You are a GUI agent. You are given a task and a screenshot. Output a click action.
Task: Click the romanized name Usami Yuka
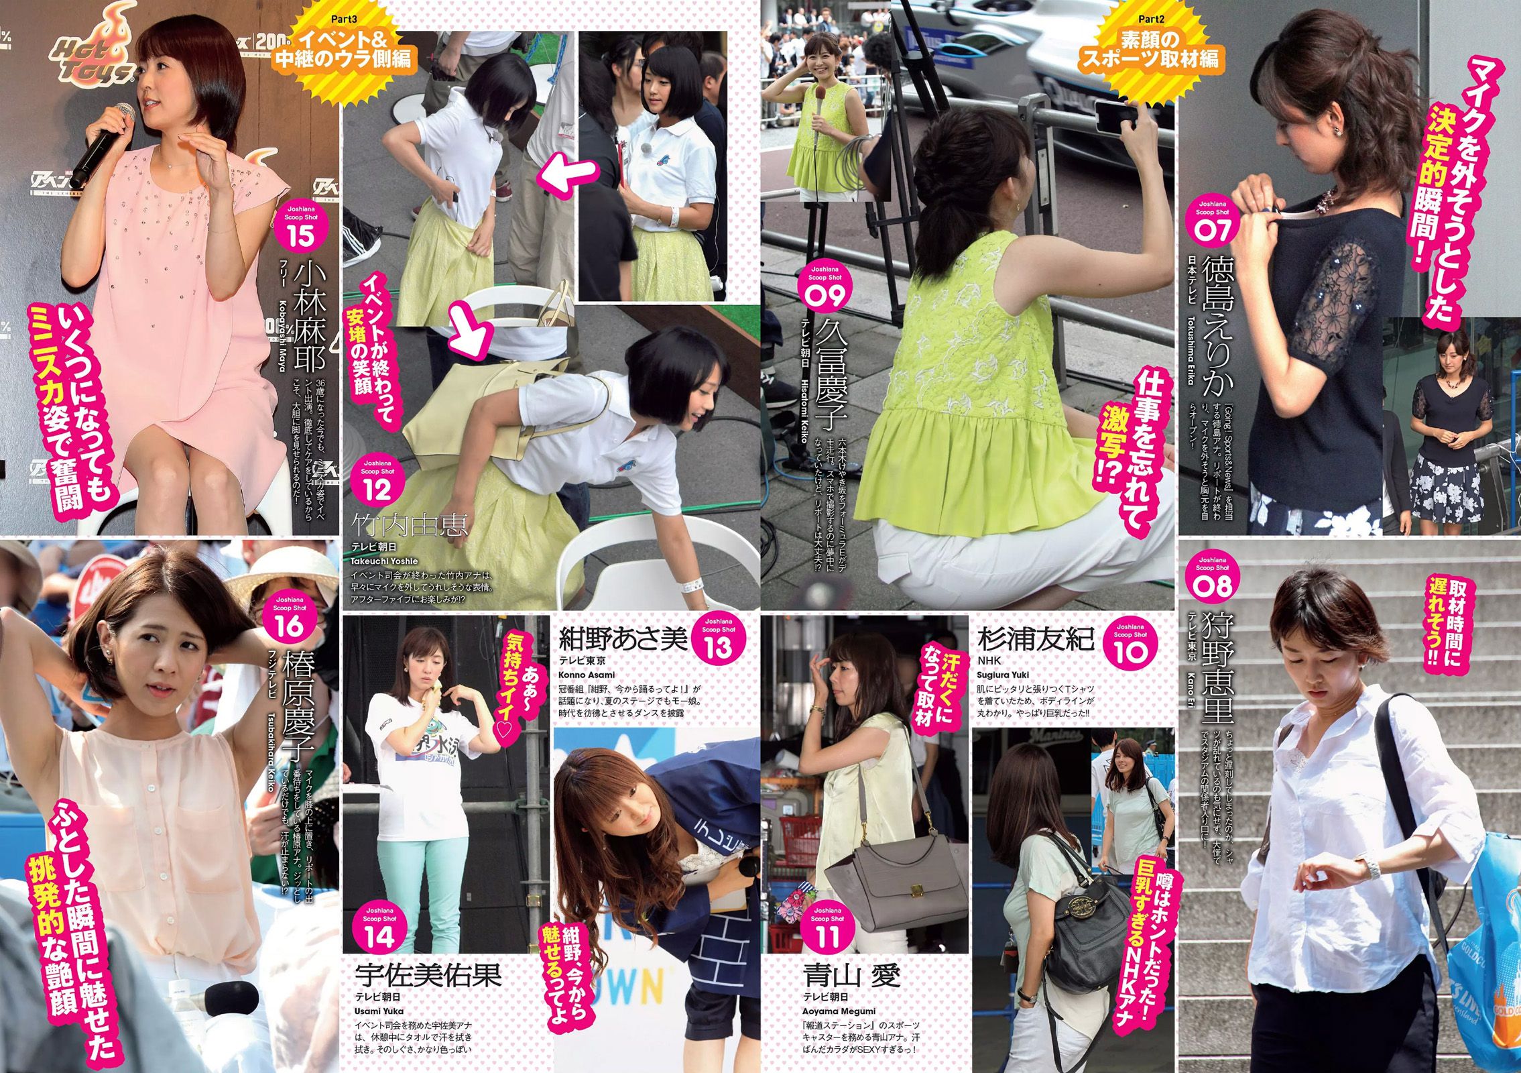click(x=379, y=1011)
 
